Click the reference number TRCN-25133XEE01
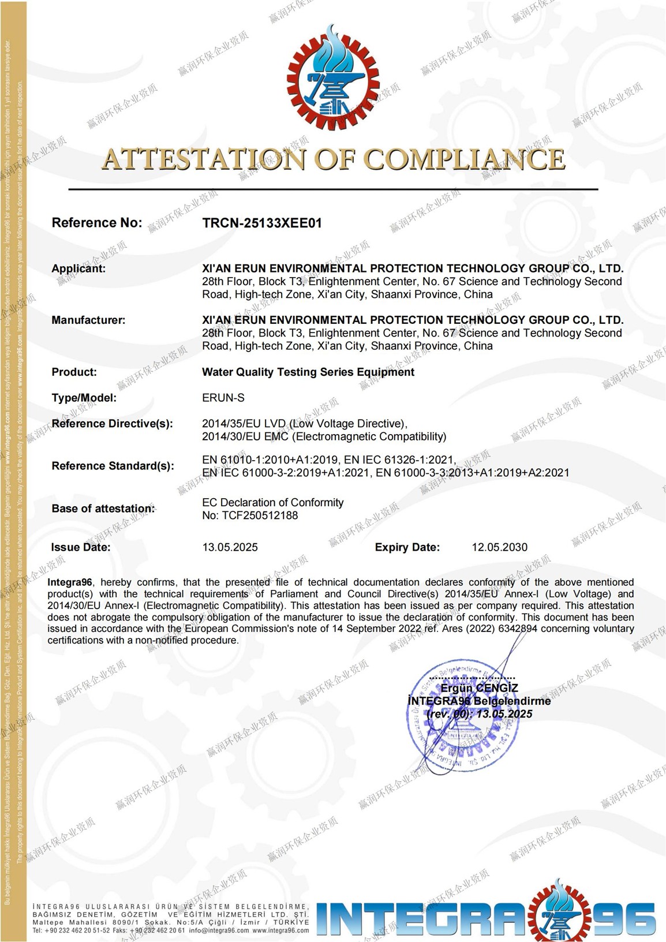[x=261, y=223]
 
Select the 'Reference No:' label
[x=96, y=223]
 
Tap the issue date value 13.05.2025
[x=230, y=547]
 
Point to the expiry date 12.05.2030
[x=499, y=547]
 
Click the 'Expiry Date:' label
[x=407, y=547]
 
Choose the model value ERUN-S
[x=223, y=398]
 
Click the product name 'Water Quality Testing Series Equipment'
[x=308, y=372]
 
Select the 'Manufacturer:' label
[x=88, y=320]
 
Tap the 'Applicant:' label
[x=78, y=268]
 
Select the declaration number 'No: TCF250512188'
[x=250, y=515]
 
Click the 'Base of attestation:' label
[x=103, y=509]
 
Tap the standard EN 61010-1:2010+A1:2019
[x=270, y=460]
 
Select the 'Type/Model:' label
[x=84, y=398]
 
